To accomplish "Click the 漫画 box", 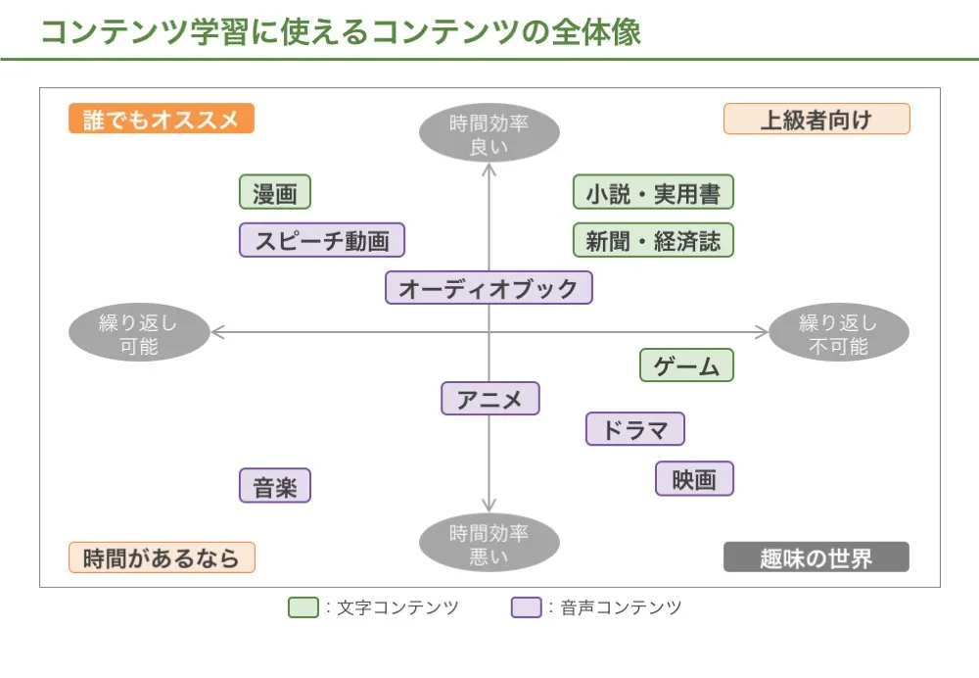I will point(275,192).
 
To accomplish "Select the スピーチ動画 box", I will point(322,240).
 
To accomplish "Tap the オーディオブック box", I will point(489,288).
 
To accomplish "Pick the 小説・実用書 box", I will point(653,192).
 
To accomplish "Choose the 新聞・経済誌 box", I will point(653,240).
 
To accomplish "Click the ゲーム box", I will point(686,365).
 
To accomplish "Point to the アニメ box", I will point(489,399).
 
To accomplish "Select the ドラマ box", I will point(635,429).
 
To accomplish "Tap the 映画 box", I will point(694,479).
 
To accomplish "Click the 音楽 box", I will point(275,486).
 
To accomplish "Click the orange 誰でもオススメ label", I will point(162,119).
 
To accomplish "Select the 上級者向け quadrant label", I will point(816,119).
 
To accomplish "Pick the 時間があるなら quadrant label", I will point(162,557).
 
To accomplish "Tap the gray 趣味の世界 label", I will point(816,557).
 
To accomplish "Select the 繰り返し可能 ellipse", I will point(139,333).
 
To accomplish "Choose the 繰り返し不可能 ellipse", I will point(839,333).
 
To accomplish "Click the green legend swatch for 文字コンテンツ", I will point(303,607).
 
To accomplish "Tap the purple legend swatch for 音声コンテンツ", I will point(527,607).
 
